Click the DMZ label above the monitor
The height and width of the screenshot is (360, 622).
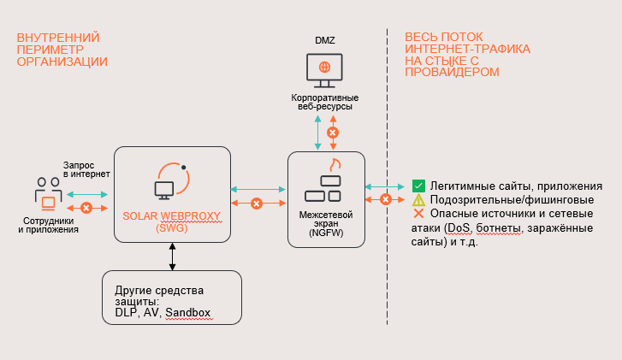pos(324,41)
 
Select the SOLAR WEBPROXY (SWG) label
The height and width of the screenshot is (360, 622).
pos(172,222)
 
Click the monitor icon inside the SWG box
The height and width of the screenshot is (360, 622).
pos(166,189)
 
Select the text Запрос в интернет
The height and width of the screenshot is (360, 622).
pos(86,169)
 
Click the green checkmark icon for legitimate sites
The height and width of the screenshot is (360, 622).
pos(418,186)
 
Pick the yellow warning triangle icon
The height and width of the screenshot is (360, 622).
pos(418,199)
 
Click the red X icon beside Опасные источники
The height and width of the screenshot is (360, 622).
pos(418,213)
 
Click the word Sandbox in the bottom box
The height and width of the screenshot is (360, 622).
pos(188,313)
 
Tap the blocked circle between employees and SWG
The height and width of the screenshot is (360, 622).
pos(86,208)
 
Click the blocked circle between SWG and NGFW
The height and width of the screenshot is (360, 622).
pos(256,203)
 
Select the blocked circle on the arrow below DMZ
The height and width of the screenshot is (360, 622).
pos(334,133)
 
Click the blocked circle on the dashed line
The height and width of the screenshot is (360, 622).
pos(386,199)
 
